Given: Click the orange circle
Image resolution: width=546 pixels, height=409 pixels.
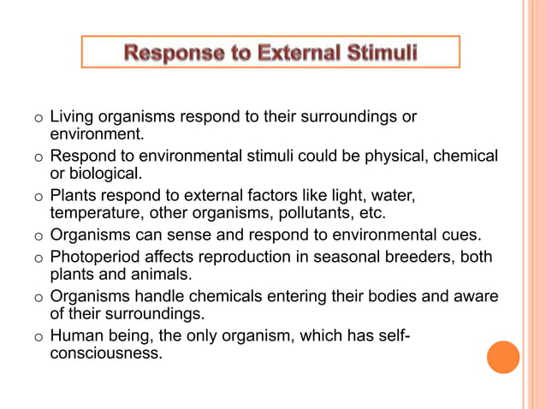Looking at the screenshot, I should point(503,357).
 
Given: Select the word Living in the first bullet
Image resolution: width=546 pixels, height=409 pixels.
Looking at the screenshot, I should point(72,117).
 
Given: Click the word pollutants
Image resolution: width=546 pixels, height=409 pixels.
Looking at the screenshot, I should point(300,214).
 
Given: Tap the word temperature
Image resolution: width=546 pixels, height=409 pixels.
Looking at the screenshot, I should point(99,214).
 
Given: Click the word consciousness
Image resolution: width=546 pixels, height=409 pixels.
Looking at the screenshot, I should point(106,352).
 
